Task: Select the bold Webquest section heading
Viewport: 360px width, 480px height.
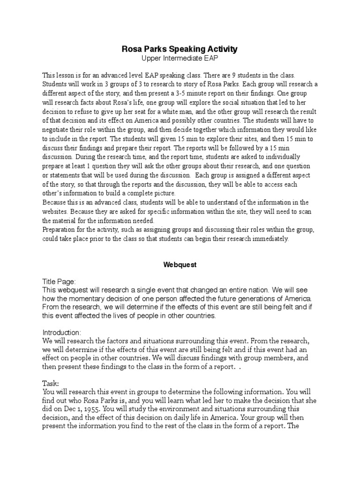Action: pyautogui.click(x=180, y=264)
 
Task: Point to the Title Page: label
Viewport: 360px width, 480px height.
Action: pyautogui.click(x=59, y=281)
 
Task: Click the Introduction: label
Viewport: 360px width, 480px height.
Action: pyautogui.click(x=62, y=332)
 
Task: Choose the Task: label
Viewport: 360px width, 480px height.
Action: pyautogui.click(x=50, y=382)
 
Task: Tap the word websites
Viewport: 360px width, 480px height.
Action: pyautogui.click(x=55, y=211)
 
